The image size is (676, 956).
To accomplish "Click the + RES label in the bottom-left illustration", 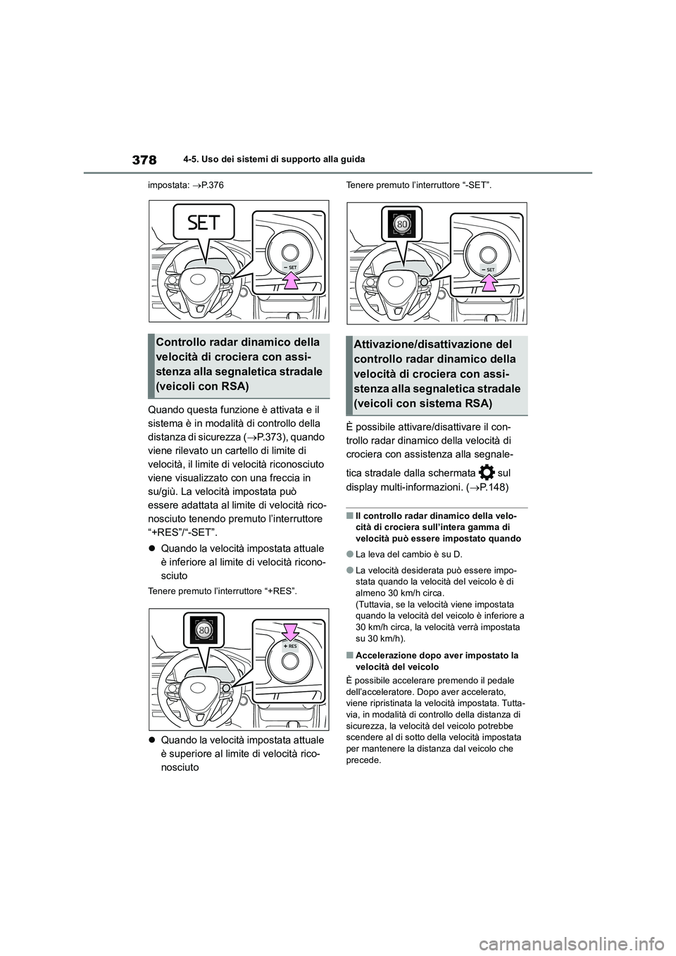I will (x=289, y=646).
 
